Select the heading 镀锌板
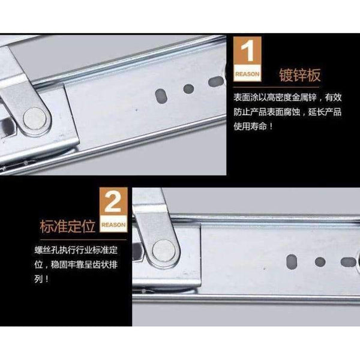point(301,76)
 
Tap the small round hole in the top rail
point(188,89)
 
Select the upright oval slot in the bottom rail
point(292,245)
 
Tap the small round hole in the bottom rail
point(320,245)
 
